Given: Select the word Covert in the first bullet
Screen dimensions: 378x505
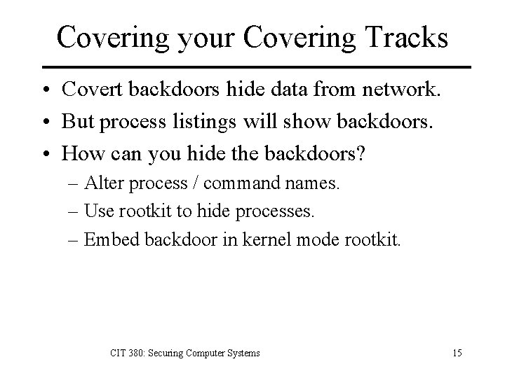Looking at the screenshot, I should click(92, 90).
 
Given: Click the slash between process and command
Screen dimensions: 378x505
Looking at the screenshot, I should click(198, 183).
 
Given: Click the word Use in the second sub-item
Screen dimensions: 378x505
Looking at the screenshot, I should click(96, 212).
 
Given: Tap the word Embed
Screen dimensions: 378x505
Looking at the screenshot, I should click(106, 240).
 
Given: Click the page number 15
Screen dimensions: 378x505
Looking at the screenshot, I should click(457, 353).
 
